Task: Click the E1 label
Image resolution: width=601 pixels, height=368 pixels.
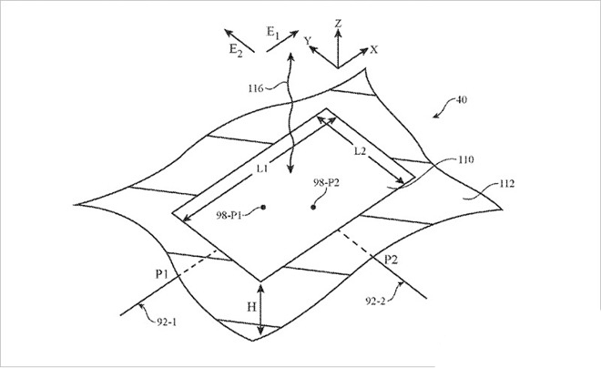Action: pyautogui.click(x=273, y=32)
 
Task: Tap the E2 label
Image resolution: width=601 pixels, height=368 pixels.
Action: pyautogui.click(x=236, y=50)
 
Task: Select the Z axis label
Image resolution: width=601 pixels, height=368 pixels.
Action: pyautogui.click(x=338, y=24)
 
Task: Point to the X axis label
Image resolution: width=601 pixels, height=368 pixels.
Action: pyautogui.click(x=373, y=49)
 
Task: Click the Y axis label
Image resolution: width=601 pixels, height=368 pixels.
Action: pyautogui.click(x=308, y=41)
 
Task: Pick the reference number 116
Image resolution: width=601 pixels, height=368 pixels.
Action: pyautogui.click(x=256, y=88)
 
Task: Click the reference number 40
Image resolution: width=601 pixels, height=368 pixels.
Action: pyautogui.click(x=462, y=99)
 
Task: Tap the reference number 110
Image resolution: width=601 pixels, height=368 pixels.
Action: pyautogui.click(x=465, y=159)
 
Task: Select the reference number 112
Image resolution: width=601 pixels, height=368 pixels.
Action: pyautogui.click(x=506, y=184)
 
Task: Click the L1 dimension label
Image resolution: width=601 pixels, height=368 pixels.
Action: pyautogui.click(x=262, y=169)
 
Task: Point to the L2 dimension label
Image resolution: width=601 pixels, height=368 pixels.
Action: pyautogui.click(x=360, y=151)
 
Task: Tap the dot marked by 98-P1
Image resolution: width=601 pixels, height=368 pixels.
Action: pyautogui.click(x=263, y=208)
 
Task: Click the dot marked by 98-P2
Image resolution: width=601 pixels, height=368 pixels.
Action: pyautogui.click(x=313, y=208)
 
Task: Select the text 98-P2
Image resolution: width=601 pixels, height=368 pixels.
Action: pyautogui.click(x=326, y=183)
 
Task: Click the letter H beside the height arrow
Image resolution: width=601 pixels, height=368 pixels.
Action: pyautogui.click(x=251, y=307)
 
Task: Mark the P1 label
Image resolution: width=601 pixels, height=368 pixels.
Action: pyautogui.click(x=161, y=274)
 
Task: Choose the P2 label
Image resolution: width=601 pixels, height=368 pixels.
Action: pyautogui.click(x=391, y=261)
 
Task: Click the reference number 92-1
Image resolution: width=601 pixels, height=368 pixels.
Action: pyautogui.click(x=167, y=322)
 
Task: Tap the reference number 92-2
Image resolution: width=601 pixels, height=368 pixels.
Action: pyautogui.click(x=375, y=302)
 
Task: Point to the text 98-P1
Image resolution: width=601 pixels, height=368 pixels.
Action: pyautogui.click(x=229, y=215)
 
